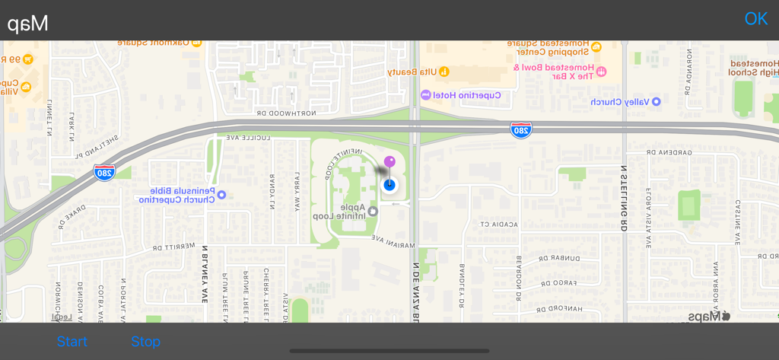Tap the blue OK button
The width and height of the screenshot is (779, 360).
[x=755, y=18]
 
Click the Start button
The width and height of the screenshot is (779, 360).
[x=72, y=342]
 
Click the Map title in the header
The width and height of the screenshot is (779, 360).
[x=28, y=23]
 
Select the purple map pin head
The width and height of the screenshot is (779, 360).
[x=389, y=161]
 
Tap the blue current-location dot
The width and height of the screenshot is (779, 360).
[x=389, y=184]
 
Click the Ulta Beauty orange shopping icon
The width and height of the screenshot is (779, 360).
[x=444, y=72]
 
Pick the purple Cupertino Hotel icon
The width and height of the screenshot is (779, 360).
[x=425, y=95]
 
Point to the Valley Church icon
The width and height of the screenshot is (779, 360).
[x=657, y=101]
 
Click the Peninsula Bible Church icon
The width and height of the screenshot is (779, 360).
[x=222, y=195]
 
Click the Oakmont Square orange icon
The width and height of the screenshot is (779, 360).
[x=196, y=43]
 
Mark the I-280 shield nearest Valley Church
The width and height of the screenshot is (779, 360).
[x=521, y=129]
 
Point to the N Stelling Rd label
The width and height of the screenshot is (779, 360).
[x=623, y=198]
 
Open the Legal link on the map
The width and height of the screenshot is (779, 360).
[x=59, y=317]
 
